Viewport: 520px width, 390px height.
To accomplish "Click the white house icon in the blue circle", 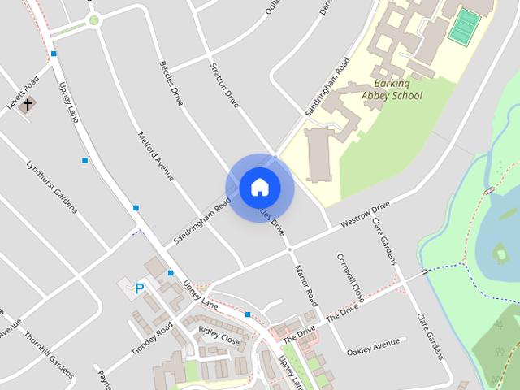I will coord(259,187).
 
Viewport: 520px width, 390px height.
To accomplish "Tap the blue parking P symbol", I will coord(139,288).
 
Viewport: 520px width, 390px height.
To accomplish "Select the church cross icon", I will coord(28,104).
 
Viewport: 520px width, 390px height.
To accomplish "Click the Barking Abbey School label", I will coord(392,89).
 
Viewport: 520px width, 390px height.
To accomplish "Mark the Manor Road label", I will coord(305,284).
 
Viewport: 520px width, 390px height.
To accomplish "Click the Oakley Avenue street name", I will coord(373,347).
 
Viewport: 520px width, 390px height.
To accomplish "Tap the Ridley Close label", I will coord(219,336).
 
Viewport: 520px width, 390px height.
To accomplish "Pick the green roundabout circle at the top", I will coord(94,19).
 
